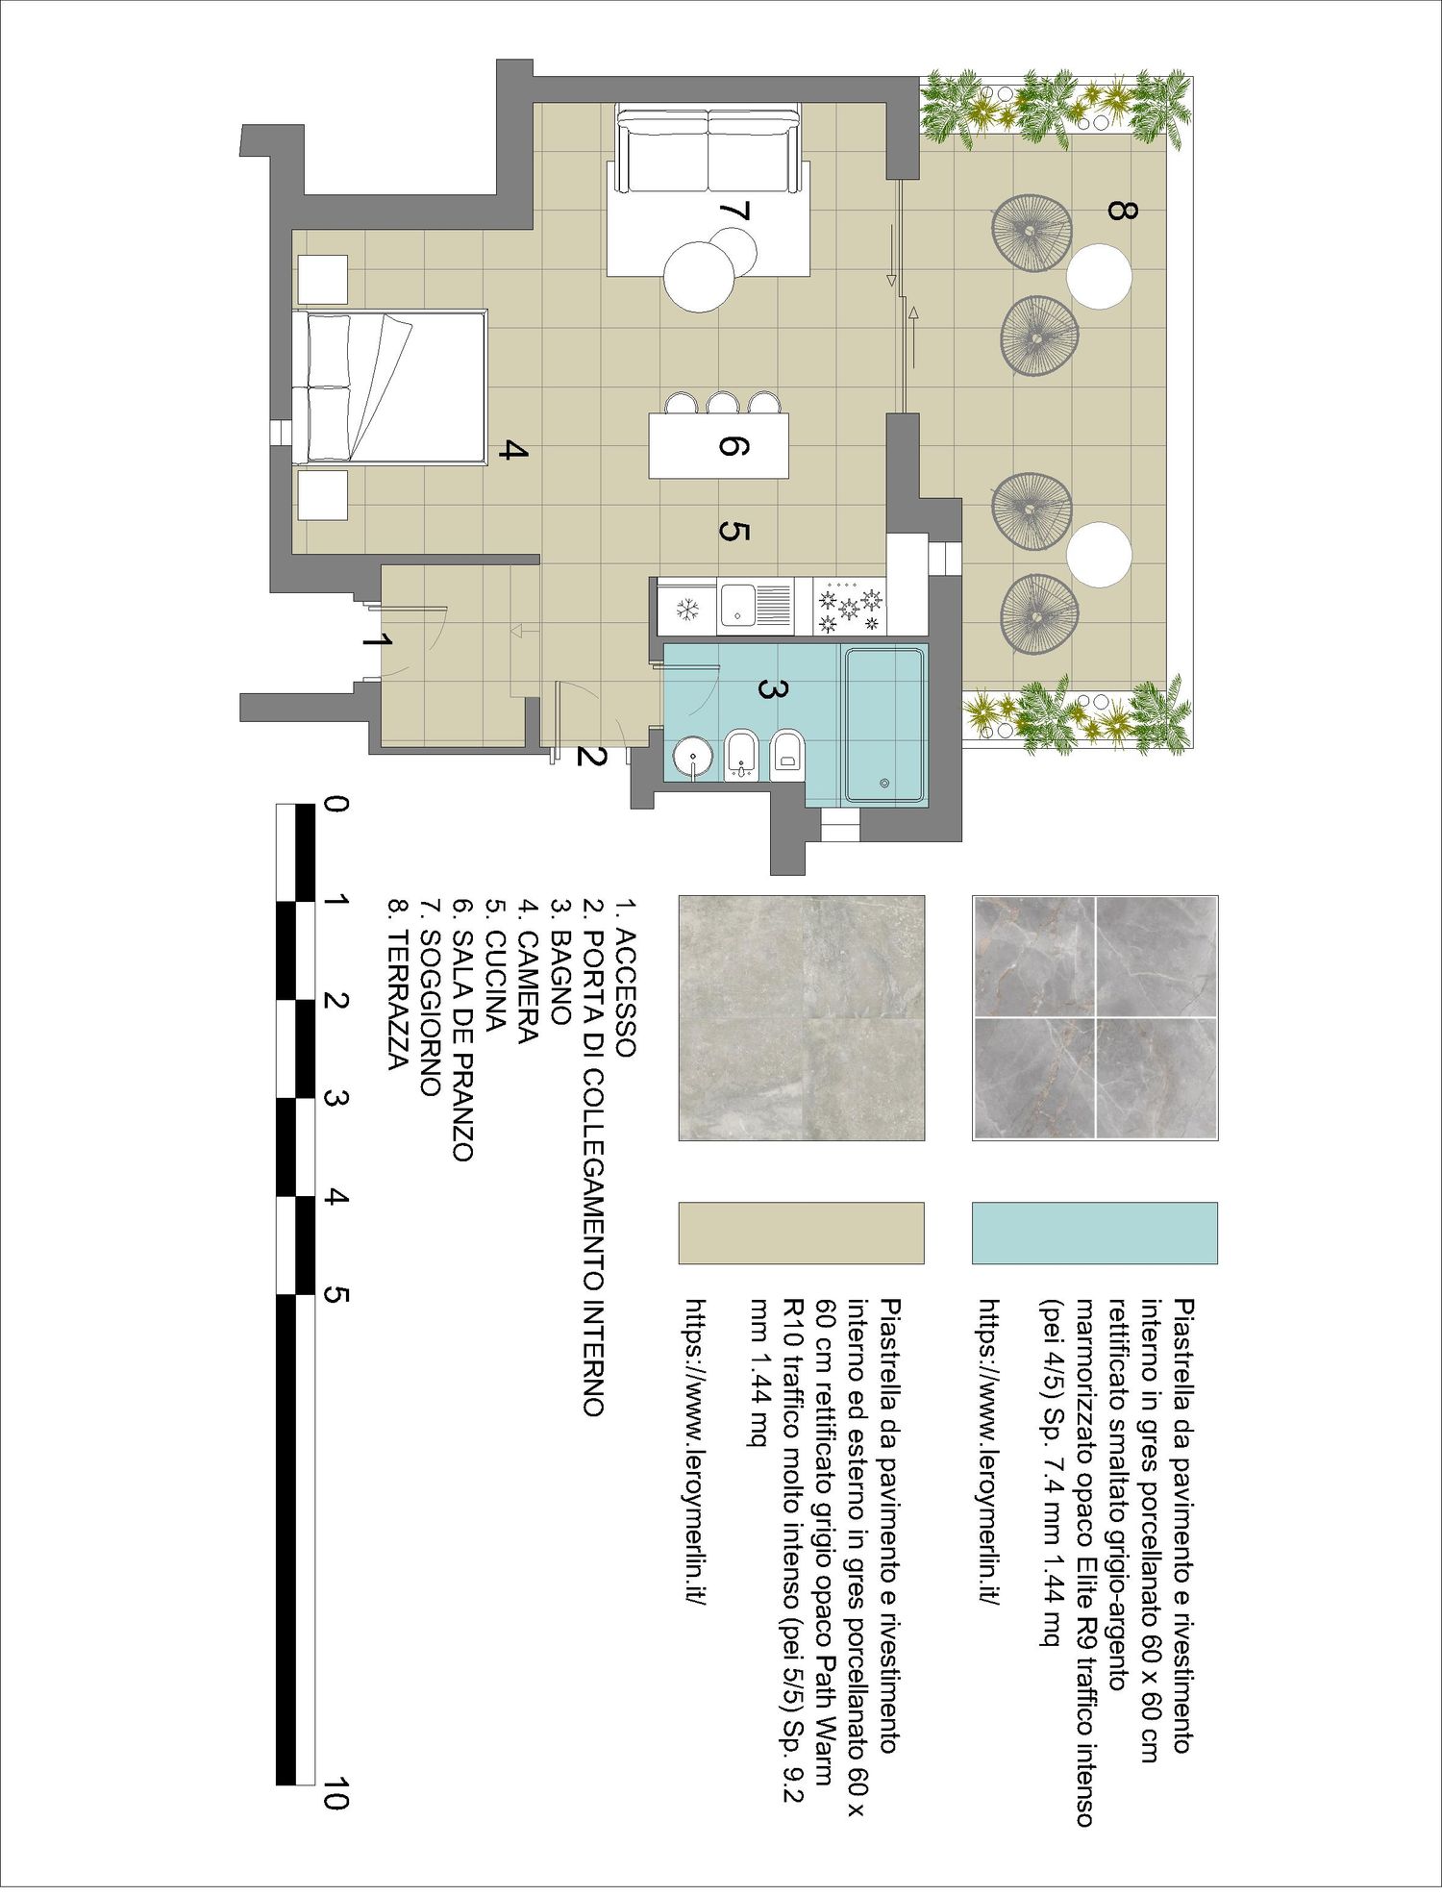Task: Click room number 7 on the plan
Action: [733, 212]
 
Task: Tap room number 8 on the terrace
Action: [1121, 210]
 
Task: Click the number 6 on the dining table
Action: [733, 446]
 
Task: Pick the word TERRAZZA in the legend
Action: [396, 1001]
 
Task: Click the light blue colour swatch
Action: [1095, 1233]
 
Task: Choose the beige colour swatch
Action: [802, 1233]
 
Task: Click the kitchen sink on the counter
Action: [756, 606]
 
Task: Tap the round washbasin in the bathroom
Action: [690, 757]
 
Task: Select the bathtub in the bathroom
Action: [884, 726]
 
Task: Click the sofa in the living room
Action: [709, 150]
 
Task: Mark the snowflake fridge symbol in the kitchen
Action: [687, 608]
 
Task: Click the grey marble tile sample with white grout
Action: [1095, 1018]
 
